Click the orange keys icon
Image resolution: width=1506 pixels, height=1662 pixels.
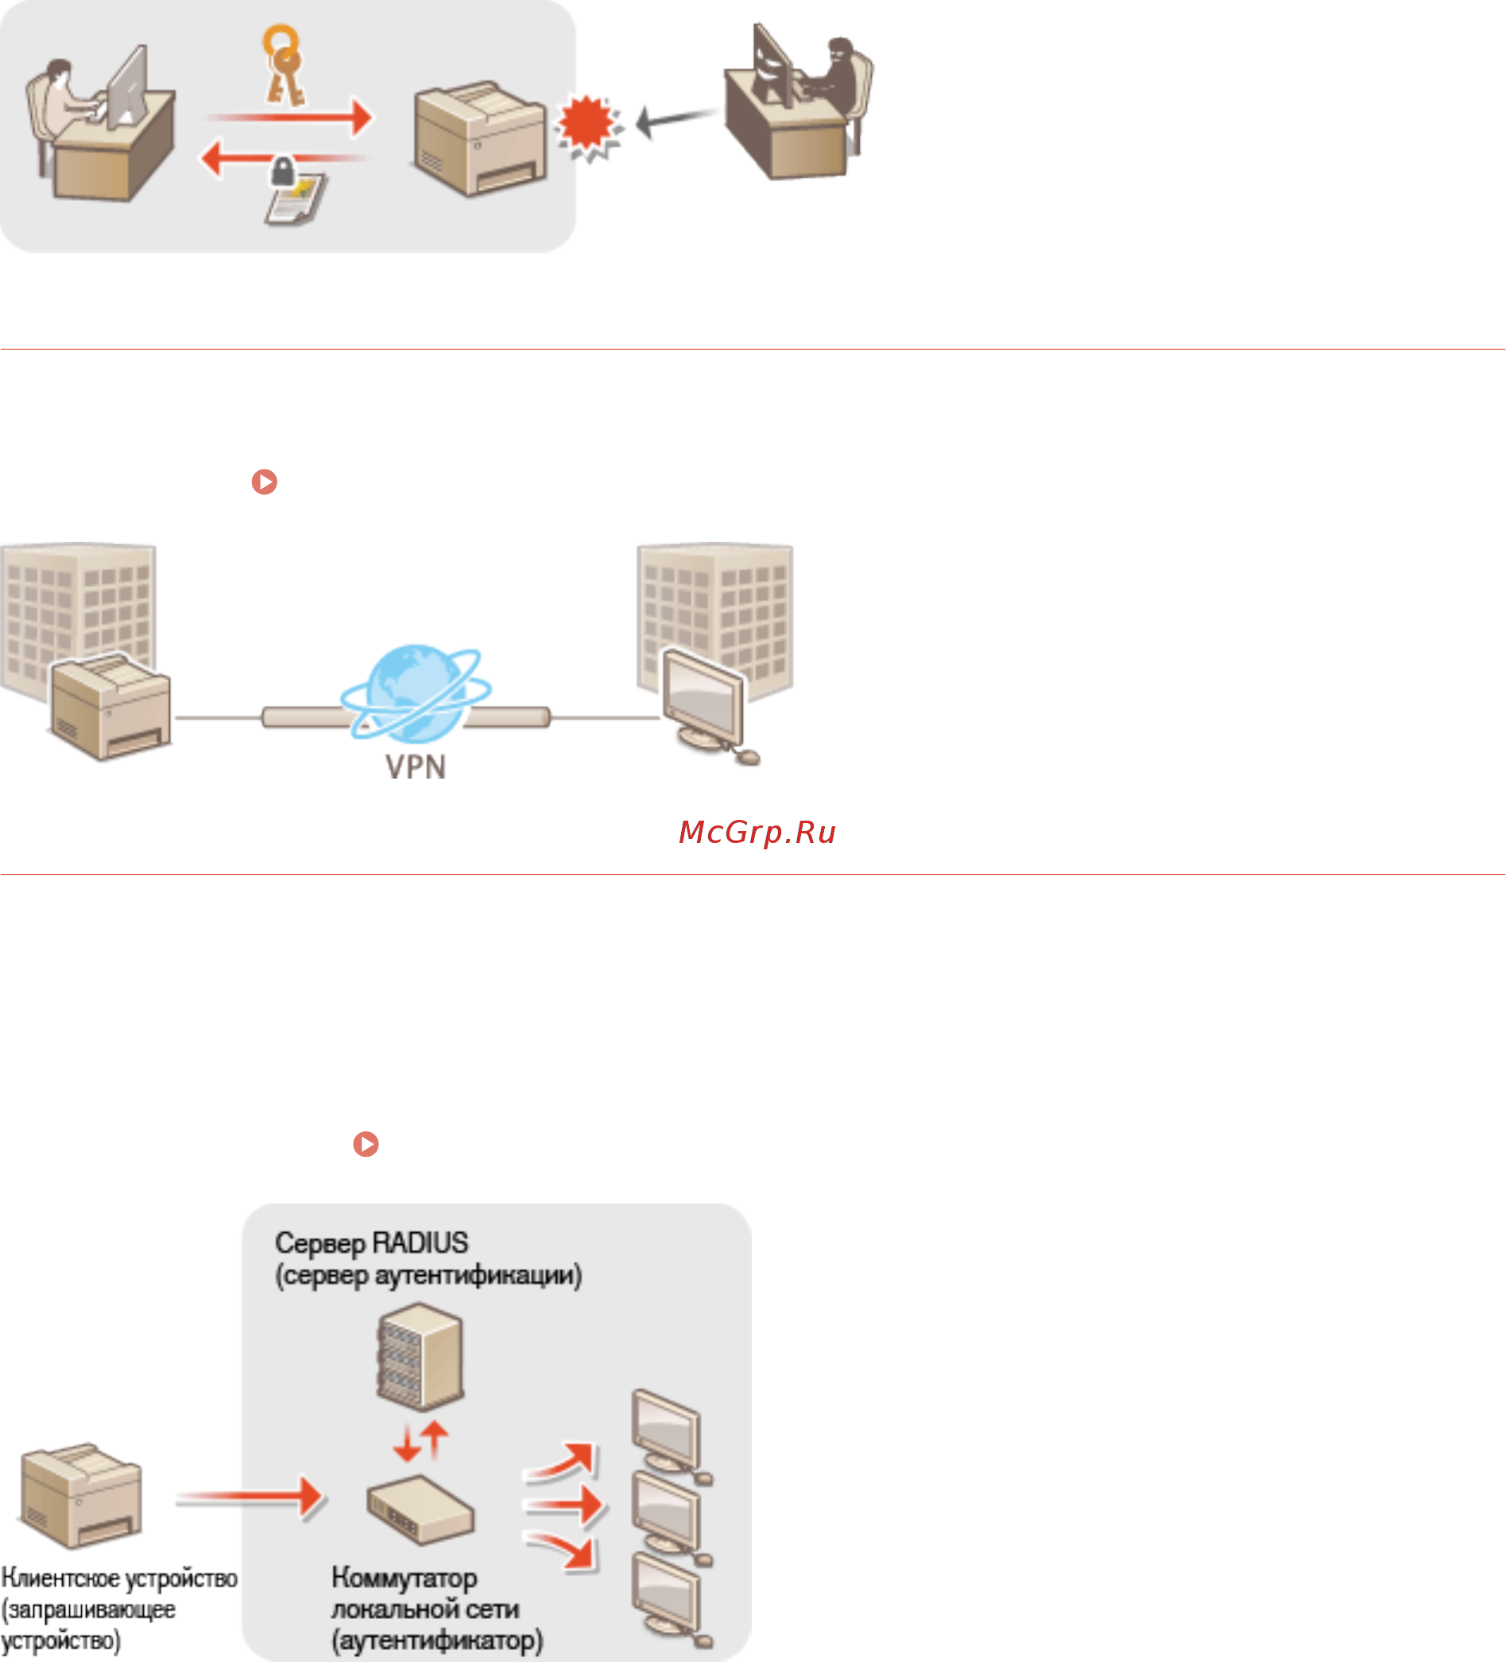coord(283,66)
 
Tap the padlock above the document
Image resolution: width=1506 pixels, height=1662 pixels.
coord(283,172)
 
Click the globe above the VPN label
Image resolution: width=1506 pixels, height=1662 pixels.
coord(416,693)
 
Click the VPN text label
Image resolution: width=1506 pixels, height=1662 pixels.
coord(416,767)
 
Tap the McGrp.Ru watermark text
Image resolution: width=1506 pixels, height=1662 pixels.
coord(757,833)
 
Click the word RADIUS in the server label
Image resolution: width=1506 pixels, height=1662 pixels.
coord(420,1243)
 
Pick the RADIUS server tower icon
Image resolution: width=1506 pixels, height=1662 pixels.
coord(420,1356)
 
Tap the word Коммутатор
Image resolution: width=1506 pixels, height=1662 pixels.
coord(405,1578)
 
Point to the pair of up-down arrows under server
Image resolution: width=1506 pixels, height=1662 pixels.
coord(420,1441)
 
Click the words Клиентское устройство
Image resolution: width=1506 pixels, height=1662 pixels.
coord(119,1578)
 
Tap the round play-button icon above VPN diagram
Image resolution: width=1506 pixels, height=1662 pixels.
coord(265,481)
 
